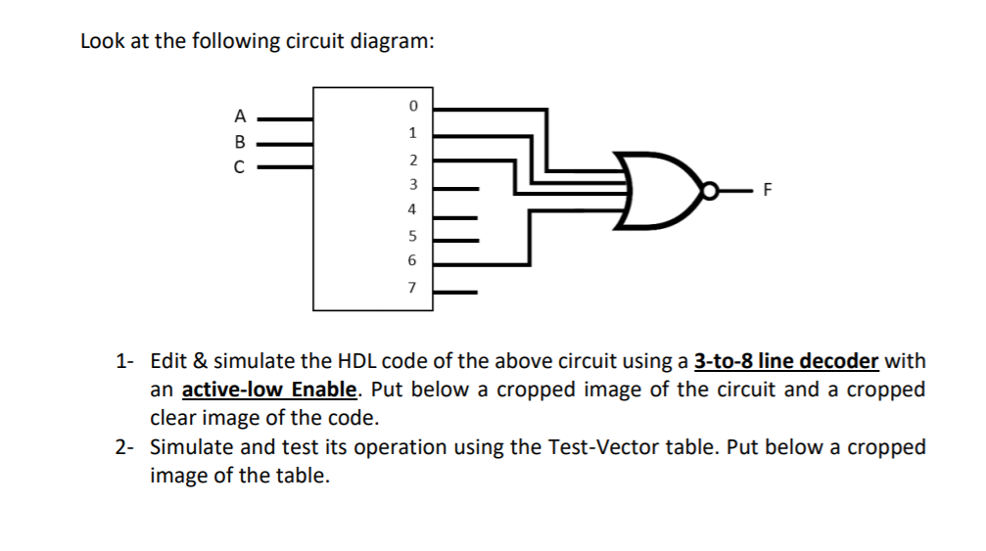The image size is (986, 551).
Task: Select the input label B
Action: pos(238,140)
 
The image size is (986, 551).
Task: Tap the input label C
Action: pos(238,165)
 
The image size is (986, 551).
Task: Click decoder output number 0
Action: pos(413,105)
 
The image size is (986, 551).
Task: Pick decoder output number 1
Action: pos(413,132)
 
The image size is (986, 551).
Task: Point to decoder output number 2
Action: pos(413,159)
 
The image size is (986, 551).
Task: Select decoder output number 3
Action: pos(413,184)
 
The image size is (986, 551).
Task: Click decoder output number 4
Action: pos(413,209)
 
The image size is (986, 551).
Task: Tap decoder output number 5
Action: pos(413,236)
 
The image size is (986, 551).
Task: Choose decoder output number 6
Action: pos(413,261)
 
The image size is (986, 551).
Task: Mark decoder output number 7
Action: pos(413,288)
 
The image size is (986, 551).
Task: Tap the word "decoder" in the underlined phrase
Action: pos(839,361)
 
